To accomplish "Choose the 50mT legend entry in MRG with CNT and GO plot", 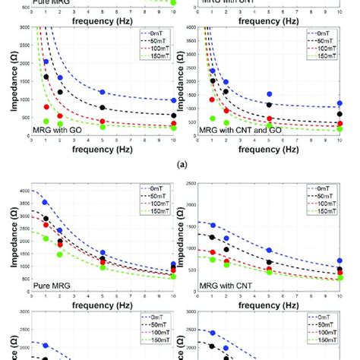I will (x=324, y=41).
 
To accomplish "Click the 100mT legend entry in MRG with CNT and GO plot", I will (x=324, y=49).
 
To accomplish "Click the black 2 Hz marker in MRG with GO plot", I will (x=60, y=93).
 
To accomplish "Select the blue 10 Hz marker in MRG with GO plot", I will (x=174, y=100).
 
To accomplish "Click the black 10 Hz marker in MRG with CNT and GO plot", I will (x=340, y=115).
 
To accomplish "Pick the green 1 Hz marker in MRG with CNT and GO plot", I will (x=212, y=118).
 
